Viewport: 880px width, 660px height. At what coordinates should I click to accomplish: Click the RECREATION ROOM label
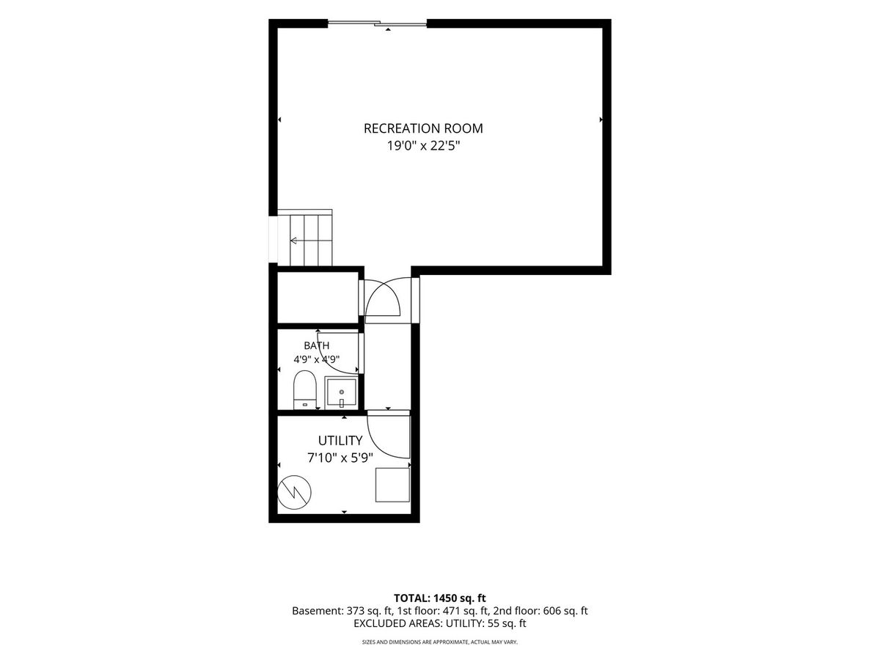[x=423, y=128]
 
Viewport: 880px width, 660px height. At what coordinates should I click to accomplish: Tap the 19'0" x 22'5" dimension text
[x=423, y=146]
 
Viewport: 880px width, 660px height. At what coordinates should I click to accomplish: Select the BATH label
[x=316, y=345]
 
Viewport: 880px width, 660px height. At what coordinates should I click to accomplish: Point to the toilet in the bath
[x=305, y=390]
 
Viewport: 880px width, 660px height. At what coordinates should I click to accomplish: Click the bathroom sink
[x=341, y=392]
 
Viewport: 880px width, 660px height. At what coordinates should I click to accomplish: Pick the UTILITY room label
[x=340, y=441]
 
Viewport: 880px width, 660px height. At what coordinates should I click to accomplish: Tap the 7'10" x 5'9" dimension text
[x=340, y=458]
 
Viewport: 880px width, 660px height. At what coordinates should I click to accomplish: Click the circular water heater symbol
[x=295, y=492]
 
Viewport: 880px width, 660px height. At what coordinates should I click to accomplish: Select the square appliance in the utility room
[x=392, y=485]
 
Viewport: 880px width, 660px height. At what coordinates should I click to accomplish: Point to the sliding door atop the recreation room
[x=377, y=23]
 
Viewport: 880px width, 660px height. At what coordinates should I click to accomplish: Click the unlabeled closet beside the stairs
[x=318, y=297]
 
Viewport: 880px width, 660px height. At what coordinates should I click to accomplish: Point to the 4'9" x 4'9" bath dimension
[x=316, y=359]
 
